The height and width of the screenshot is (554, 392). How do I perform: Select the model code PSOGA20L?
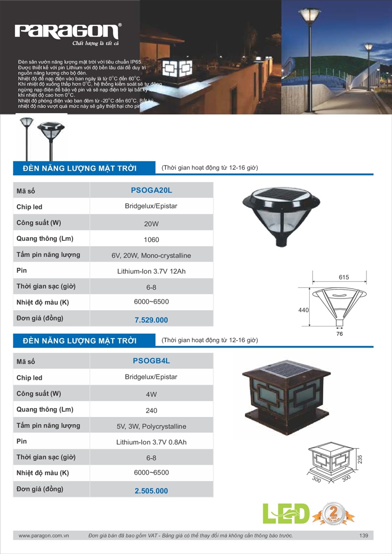tap(151, 190)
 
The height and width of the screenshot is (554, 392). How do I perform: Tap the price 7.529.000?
tap(151, 320)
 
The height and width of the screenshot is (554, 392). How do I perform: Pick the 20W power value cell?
tap(151, 223)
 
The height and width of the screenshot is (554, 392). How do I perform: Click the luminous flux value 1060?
tap(151, 240)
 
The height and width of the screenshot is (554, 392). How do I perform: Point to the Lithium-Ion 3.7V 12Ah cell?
tap(151, 271)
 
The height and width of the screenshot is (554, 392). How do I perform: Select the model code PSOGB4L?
tap(151, 361)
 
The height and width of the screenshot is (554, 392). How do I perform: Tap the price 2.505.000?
tap(151, 491)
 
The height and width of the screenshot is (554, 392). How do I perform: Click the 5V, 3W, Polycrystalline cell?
tap(151, 426)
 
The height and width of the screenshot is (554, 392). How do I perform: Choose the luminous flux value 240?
tap(151, 411)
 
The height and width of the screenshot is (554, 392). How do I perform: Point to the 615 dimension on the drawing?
tap(343, 277)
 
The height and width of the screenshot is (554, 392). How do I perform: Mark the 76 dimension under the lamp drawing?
tap(340, 334)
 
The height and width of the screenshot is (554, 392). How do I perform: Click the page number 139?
tap(363, 536)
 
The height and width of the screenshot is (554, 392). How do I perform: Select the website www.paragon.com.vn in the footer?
tap(44, 536)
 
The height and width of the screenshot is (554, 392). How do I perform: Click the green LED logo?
tap(287, 513)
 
